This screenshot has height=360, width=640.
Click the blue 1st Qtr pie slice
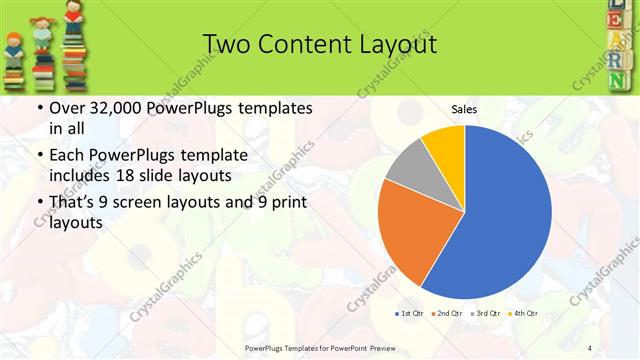[x=500, y=210]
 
